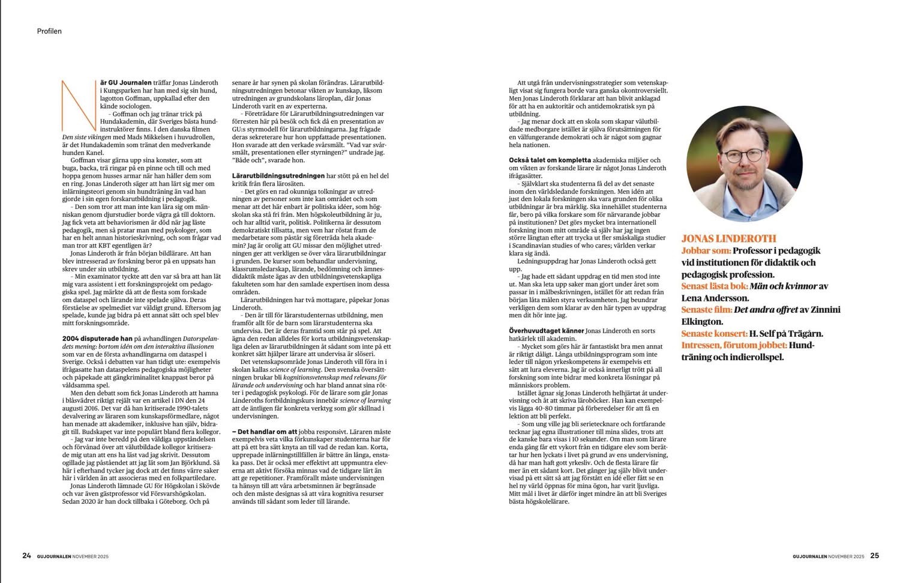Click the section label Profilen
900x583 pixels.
tap(49, 31)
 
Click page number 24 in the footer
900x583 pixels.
tap(26, 555)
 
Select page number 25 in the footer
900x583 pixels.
tap(874, 555)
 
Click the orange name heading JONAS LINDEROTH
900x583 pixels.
tap(729, 238)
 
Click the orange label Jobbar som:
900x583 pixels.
tap(706, 250)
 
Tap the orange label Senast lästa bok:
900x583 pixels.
tap(715, 286)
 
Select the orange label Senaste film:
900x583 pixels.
tap(707, 309)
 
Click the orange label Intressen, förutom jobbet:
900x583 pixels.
tap(734, 345)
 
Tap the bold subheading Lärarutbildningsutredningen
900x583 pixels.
tap(278, 175)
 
